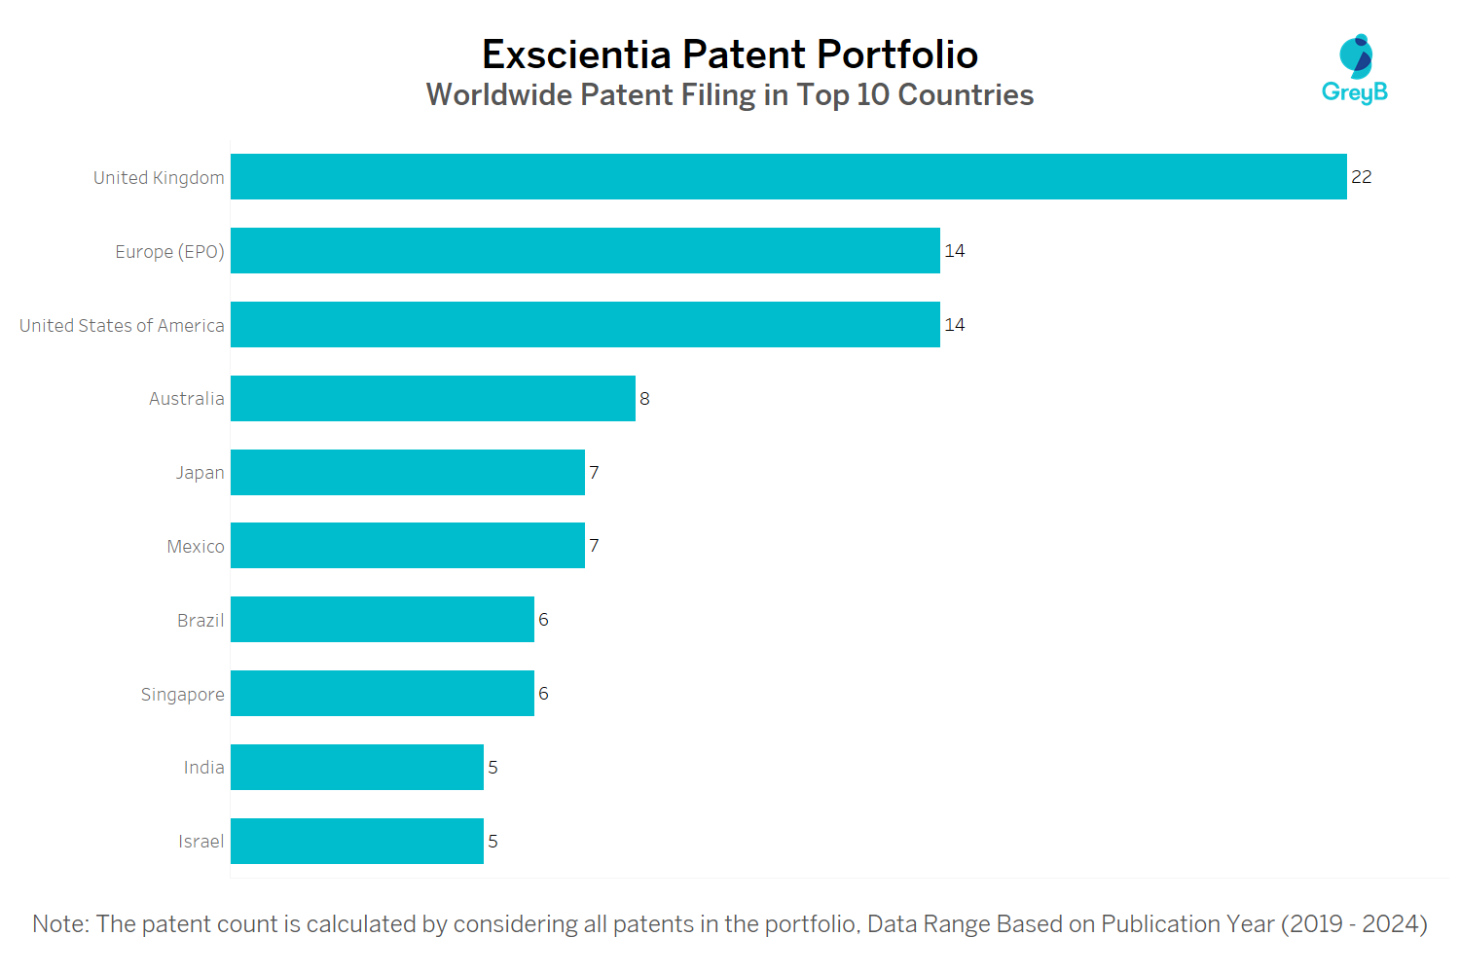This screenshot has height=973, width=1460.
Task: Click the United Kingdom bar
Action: tap(788, 177)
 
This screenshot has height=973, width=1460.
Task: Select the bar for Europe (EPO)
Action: tap(585, 251)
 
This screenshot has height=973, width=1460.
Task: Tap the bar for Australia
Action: tap(433, 399)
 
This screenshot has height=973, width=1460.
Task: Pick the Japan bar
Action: tap(408, 473)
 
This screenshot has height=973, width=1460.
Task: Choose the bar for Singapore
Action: tap(383, 694)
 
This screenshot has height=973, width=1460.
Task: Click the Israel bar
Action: tap(357, 842)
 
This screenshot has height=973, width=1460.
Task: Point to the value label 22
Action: tap(1361, 177)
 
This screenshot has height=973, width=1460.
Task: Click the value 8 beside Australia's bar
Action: tap(644, 399)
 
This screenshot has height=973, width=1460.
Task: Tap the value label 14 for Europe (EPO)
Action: tap(955, 251)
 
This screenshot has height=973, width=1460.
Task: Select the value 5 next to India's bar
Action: tap(493, 768)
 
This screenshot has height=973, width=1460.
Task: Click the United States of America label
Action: tap(122, 326)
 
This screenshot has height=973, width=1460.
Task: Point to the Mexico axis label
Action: tap(196, 547)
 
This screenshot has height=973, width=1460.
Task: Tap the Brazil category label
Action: tap(201, 621)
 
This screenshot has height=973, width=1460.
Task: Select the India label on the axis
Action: tap(203, 768)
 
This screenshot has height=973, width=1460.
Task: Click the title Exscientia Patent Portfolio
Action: tap(730, 54)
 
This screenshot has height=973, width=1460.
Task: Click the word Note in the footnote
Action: tap(59, 924)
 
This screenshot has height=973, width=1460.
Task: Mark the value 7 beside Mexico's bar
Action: tap(594, 546)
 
